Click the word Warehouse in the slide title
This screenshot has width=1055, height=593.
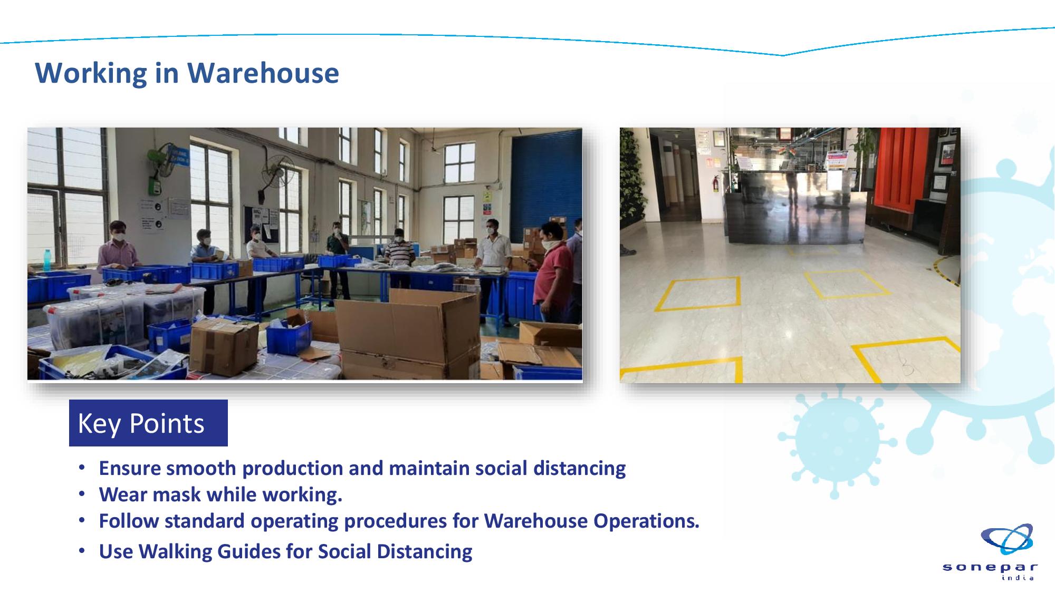pos(263,73)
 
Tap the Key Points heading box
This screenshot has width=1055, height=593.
pos(148,423)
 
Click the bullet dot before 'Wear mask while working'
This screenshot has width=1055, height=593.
pos(82,494)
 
